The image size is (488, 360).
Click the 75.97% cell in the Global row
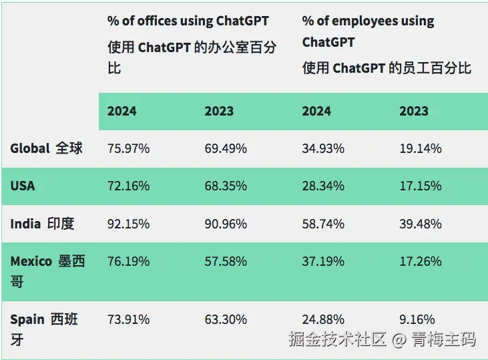pos(128,148)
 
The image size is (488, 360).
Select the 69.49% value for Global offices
pos(226,148)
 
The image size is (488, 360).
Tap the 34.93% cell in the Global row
pos(323,148)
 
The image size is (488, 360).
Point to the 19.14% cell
pos(421,148)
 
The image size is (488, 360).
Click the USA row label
pos(23,186)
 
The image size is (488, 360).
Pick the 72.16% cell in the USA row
pos(128,186)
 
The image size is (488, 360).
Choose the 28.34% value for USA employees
pos(323,186)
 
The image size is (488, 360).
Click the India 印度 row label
pos(42,224)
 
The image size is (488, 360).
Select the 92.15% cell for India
pos(128,224)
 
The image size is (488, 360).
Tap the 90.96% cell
pos(226,224)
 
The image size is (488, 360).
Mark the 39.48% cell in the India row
pos(421,224)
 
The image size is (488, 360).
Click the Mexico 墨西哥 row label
pos(47,271)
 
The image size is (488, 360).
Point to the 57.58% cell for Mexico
pos(226,261)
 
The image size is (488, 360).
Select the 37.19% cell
pos(323,261)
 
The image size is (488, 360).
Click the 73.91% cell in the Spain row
pos(128,319)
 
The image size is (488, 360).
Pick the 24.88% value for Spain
pos(323,319)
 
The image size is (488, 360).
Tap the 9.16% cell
pos(417,319)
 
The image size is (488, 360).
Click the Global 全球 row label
pos(46,148)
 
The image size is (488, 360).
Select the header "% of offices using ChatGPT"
pos(188,21)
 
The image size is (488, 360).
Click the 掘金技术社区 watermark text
pos(338,339)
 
